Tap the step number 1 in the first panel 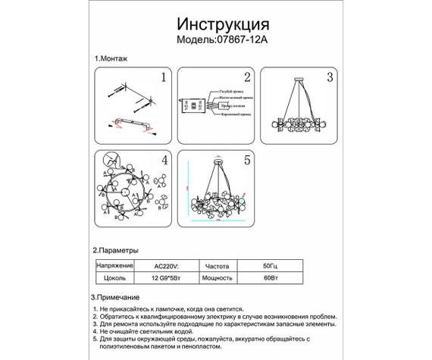pos(162,77)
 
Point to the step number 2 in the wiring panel pos(246,77)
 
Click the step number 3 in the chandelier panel pos(329,77)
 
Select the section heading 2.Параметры pos(116,249)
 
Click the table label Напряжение pos(114,267)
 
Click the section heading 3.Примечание pos(118,299)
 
